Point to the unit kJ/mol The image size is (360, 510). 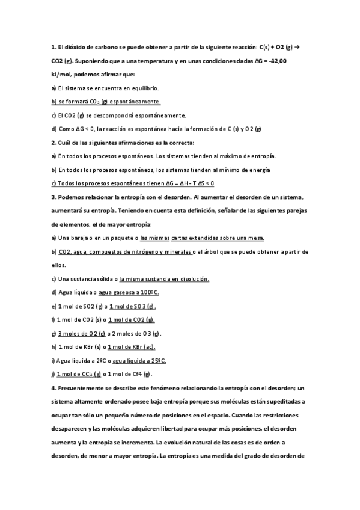(62, 74)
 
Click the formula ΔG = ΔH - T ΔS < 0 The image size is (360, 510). (186, 183)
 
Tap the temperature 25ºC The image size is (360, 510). (157, 360)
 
